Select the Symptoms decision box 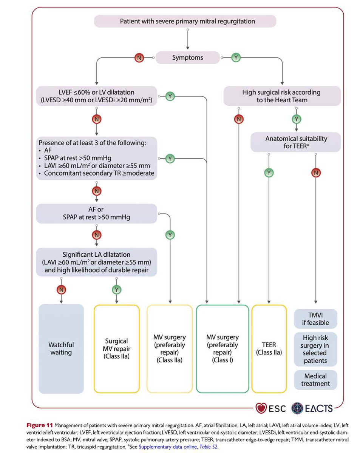(x=187, y=58)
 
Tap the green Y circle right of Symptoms (x=236, y=58)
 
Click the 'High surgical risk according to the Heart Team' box (x=282, y=96)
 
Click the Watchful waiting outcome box (x=61, y=348)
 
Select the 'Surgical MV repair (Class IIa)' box (x=117, y=348)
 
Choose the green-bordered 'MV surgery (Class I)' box (x=222, y=348)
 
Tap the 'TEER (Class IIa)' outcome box (x=269, y=348)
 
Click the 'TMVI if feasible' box (x=316, y=318)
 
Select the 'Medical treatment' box (x=316, y=380)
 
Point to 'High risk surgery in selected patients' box (x=316, y=349)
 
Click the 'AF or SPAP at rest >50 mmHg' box (x=97, y=213)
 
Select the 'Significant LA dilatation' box (x=97, y=262)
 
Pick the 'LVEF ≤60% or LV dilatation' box (x=97, y=96)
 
